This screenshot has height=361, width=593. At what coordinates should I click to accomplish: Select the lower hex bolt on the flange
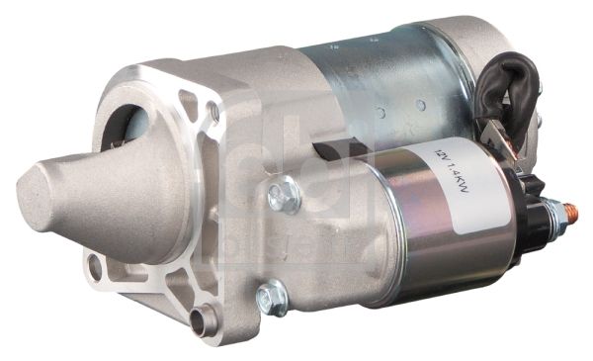pos(271,297)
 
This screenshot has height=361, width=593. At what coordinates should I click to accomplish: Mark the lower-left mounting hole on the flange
pos(96,265)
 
